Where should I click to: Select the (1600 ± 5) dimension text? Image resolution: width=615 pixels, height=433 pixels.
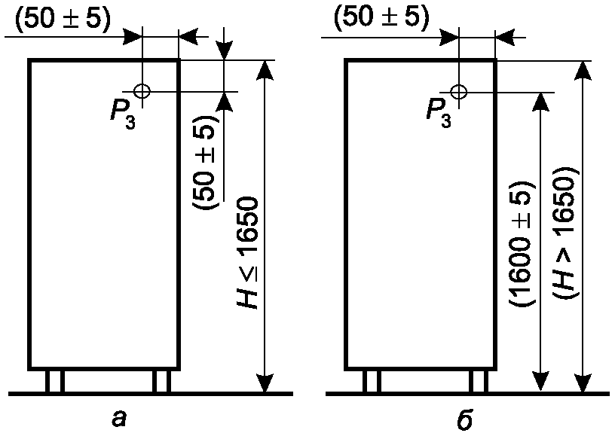[522, 243]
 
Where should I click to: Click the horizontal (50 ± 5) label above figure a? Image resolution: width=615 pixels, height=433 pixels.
[63, 17]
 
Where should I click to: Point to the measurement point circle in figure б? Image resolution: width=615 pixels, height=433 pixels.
[458, 91]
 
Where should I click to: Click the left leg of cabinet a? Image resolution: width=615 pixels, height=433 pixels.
[54, 381]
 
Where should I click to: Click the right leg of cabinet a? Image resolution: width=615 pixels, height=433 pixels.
[161, 381]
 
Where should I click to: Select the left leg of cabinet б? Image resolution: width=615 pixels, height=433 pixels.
[371, 381]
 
